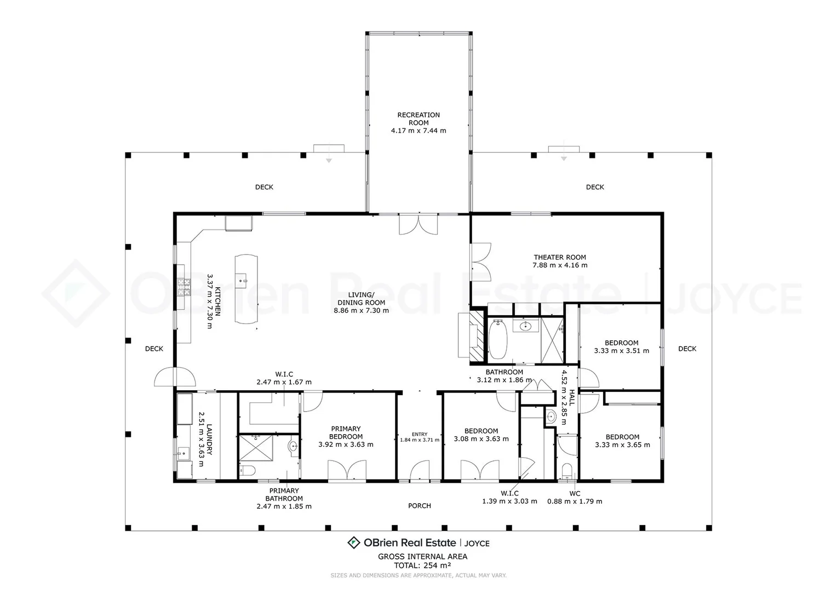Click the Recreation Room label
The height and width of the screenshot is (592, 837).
point(418,118)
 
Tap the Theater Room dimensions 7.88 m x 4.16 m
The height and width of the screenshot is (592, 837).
point(560,265)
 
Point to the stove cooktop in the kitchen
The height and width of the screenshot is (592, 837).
point(183,287)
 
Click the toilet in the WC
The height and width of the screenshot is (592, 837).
point(567,470)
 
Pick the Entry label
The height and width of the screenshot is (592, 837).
point(420,434)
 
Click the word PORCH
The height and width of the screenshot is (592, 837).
point(420,506)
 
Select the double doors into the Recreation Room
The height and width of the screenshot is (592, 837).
point(418,225)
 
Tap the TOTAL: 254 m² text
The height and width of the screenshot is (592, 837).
point(422,566)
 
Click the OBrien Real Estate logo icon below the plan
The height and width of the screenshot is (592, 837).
point(354,543)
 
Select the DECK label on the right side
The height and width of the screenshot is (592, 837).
point(687,349)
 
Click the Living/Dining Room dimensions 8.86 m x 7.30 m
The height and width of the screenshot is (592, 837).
point(361,310)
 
